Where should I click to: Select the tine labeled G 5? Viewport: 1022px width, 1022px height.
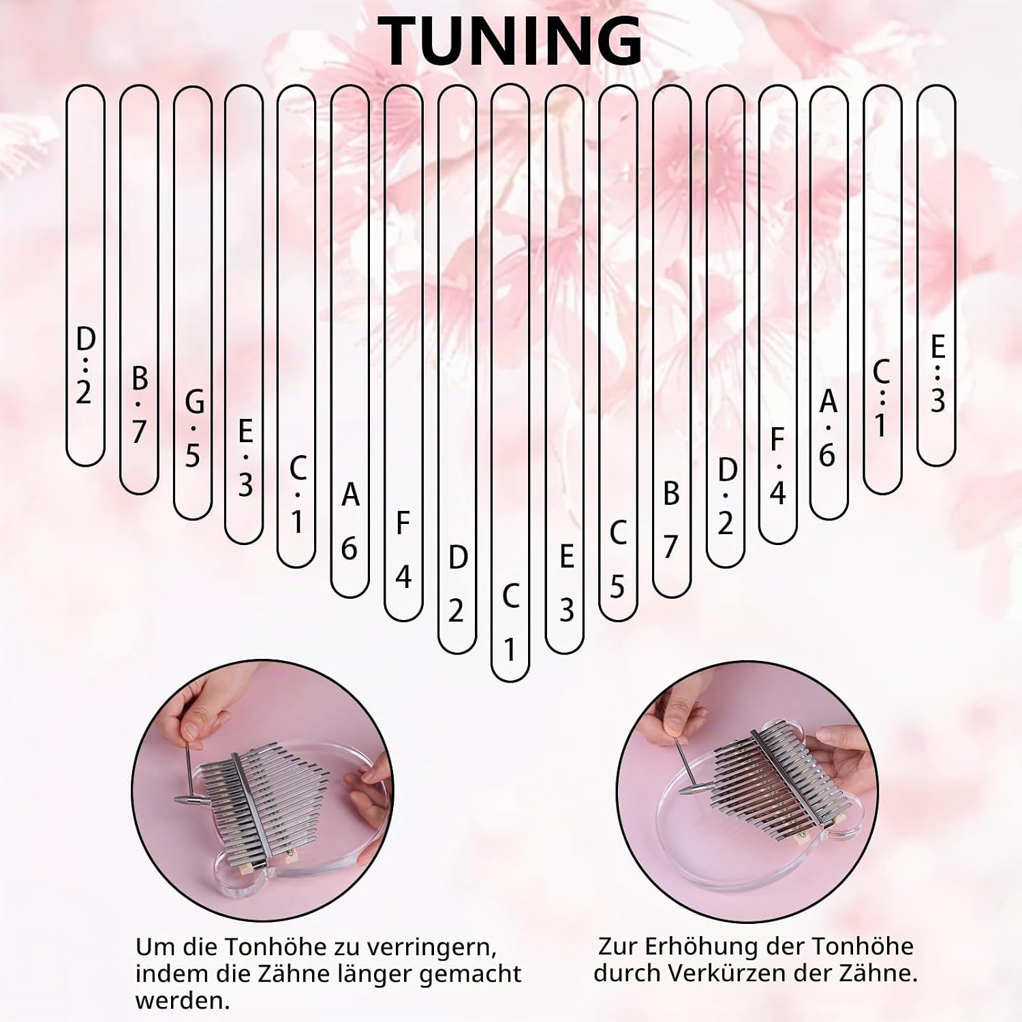[193, 303]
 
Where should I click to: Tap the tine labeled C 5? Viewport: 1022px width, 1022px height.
[618, 353]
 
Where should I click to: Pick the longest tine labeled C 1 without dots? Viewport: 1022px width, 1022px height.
[510, 383]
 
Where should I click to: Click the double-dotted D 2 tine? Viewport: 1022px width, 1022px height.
[85, 275]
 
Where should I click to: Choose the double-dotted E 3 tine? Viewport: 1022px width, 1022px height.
[936, 275]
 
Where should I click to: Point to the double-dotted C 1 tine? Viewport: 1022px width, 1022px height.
[882, 290]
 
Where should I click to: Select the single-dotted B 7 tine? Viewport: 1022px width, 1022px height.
[139, 290]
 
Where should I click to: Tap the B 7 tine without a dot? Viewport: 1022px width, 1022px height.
[671, 341]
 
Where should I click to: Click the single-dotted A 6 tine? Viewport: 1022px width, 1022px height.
[829, 303]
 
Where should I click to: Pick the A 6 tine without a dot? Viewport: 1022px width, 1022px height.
[350, 341]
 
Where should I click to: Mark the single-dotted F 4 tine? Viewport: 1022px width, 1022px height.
[777, 315]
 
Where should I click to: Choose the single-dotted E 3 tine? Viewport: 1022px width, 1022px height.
[244, 315]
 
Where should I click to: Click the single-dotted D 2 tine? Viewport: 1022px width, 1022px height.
[726, 326]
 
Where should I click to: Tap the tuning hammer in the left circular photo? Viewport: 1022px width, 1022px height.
[191, 776]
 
